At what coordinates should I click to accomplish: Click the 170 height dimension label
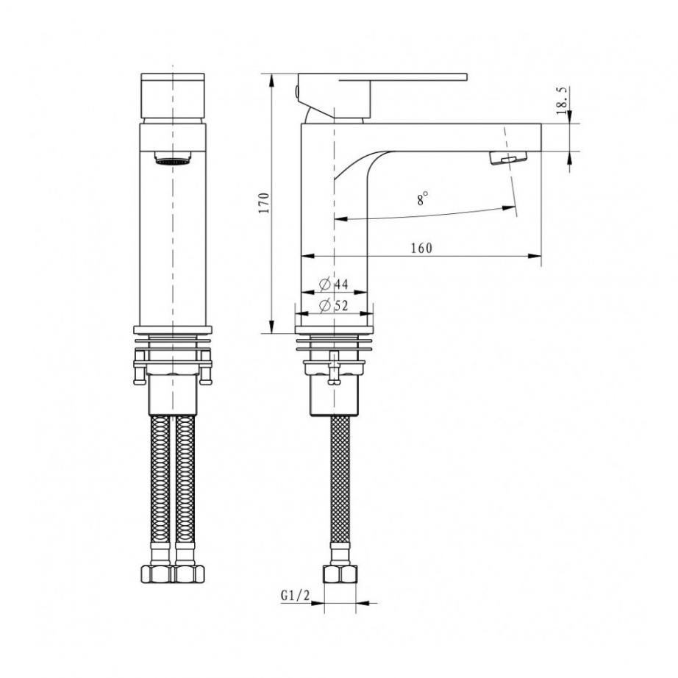pos(264,202)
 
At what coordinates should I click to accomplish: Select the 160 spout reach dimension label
pos(421,249)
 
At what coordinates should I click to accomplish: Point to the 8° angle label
pos(422,199)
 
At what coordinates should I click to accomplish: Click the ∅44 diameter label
pos(333,284)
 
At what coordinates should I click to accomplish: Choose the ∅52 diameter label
pos(333,306)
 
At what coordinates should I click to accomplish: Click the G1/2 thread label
pos(296,596)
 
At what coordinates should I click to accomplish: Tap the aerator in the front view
pos(173,158)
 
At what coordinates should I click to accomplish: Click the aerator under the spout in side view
pos(509,158)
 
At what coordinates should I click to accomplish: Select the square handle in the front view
pos(173,96)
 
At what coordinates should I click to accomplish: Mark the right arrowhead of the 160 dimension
pos(535,256)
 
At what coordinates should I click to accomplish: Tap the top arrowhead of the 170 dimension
pos(271,80)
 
